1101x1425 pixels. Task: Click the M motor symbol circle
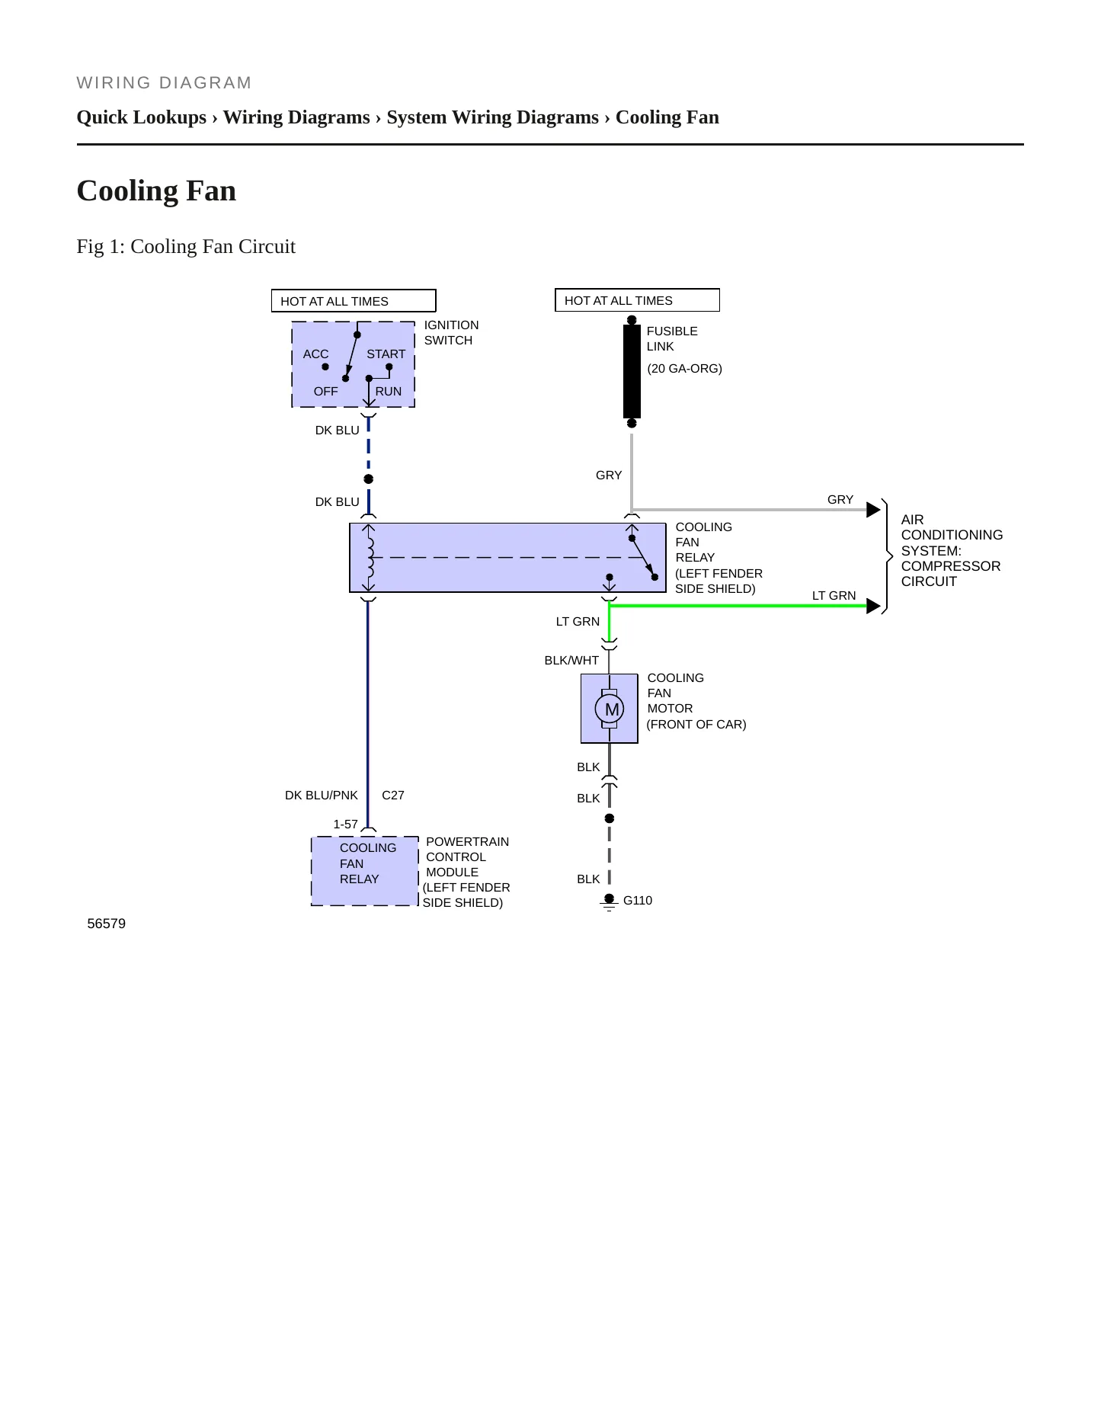(x=609, y=709)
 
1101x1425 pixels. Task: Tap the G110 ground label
(x=638, y=900)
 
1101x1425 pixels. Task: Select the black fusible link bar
(x=632, y=371)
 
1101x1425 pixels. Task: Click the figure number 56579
(x=107, y=924)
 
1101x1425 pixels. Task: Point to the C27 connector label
(x=393, y=795)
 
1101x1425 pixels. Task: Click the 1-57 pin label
(x=345, y=824)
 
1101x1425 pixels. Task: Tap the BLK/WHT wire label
(x=571, y=660)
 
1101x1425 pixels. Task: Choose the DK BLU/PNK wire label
(x=321, y=795)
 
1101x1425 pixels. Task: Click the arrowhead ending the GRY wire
(x=874, y=510)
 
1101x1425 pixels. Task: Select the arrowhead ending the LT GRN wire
(x=874, y=606)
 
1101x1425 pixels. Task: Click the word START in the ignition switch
(x=386, y=354)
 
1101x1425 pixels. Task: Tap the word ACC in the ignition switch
(x=315, y=354)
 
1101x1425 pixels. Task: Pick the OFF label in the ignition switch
(x=325, y=391)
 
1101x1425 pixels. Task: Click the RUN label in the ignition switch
(x=388, y=391)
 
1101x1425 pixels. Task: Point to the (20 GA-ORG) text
(x=684, y=368)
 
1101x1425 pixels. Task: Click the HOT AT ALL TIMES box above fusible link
(x=637, y=300)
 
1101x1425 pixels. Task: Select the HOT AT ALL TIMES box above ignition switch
(x=354, y=301)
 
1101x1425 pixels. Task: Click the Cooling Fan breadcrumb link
(x=667, y=117)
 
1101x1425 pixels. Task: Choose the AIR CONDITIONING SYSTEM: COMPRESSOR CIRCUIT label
(x=952, y=550)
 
